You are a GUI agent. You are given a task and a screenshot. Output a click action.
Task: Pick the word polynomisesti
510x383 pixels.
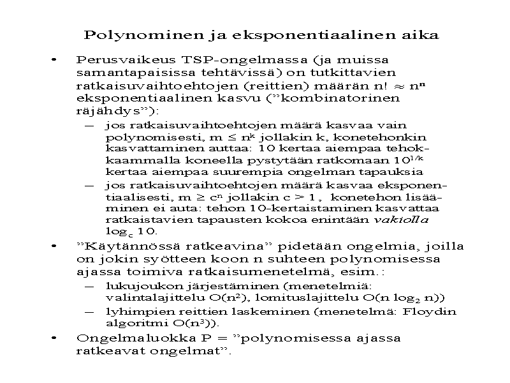pyautogui.click(x=144, y=137)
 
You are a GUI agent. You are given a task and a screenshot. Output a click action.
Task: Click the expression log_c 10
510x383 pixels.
pyautogui.click(x=131, y=231)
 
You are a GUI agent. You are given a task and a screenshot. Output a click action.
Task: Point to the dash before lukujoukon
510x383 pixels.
pyautogui.click(x=89, y=285)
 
